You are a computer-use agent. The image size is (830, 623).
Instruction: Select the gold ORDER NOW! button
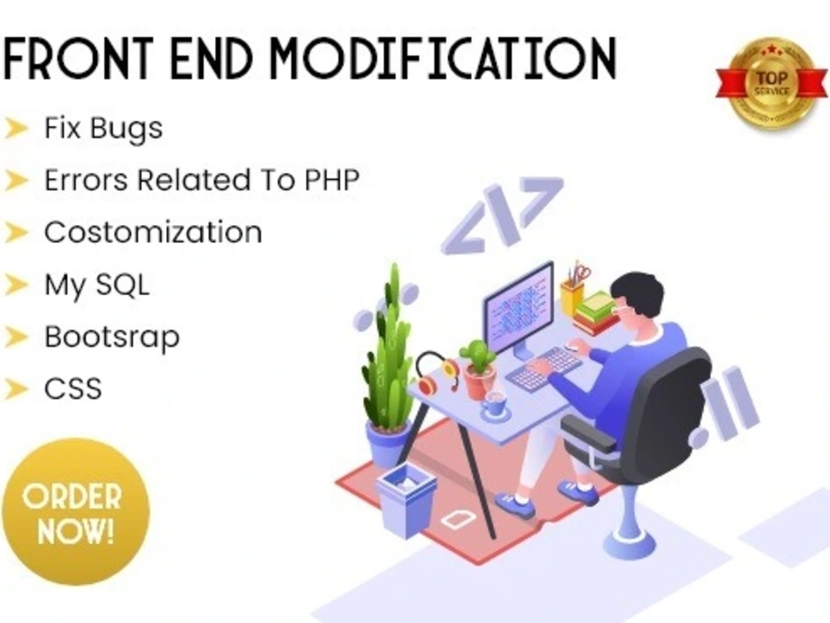point(76,512)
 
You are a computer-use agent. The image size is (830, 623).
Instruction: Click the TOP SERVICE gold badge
point(772,84)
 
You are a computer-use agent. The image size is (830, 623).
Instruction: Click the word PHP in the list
point(332,180)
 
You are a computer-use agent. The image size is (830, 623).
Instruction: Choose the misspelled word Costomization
point(153,232)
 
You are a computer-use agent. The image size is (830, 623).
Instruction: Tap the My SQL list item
point(97,286)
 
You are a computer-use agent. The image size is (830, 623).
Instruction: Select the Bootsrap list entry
point(112,338)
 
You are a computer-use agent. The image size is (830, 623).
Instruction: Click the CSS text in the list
point(73,389)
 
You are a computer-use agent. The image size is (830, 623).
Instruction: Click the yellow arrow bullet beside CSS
point(16,389)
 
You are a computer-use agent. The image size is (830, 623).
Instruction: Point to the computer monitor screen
point(517,309)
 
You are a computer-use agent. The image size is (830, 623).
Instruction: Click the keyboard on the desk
point(544,368)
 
